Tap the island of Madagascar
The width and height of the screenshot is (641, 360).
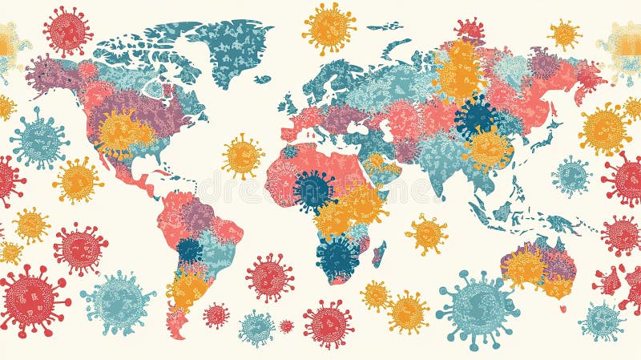click(379, 253)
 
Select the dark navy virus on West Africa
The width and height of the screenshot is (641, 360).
click(314, 190)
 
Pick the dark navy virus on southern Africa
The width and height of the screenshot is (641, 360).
click(337, 256)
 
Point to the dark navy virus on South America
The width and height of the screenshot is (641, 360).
click(190, 249)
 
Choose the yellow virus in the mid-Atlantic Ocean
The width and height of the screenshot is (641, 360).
click(243, 156)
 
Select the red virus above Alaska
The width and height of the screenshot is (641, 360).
click(68, 31)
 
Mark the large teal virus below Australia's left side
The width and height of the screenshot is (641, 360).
click(478, 309)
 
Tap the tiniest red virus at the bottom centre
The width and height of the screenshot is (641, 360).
click(286, 326)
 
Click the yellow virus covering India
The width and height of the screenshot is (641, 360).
click(488, 148)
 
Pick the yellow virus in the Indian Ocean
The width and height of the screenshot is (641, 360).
click(427, 234)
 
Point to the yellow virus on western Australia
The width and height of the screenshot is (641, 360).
click(525, 267)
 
